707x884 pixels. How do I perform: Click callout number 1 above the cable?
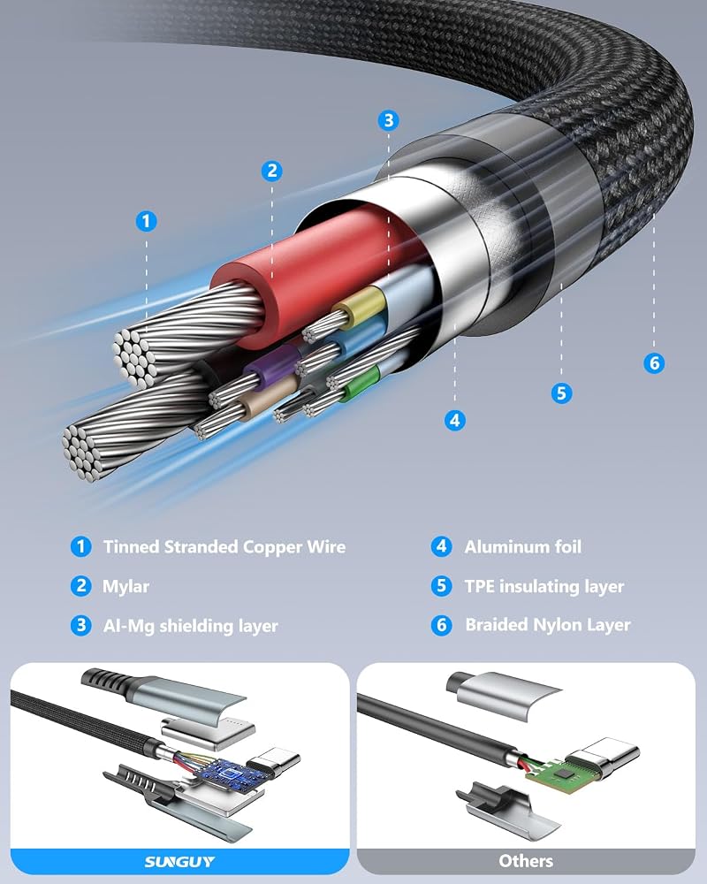pos(147,221)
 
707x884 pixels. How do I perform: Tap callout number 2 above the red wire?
pos(271,171)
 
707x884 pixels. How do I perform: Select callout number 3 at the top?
pos(388,120)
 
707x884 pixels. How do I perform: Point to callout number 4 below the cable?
pos(455,420)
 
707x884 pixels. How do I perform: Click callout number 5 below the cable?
pos(561,393)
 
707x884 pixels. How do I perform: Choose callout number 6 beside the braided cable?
pos(654,362)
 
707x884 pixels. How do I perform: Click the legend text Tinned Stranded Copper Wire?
pos(224,547)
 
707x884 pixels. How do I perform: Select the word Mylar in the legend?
pos(125,586)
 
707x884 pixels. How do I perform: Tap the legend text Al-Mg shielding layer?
pos(191,626)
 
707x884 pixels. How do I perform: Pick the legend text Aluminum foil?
pos(522,546)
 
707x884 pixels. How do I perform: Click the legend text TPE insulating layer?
pos(544,586)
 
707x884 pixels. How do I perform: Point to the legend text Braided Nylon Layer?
pos(547,625)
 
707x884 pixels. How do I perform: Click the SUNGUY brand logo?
pos(180,861)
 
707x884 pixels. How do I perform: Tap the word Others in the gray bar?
pos(526,861)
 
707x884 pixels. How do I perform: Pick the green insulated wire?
pos(360,384)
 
